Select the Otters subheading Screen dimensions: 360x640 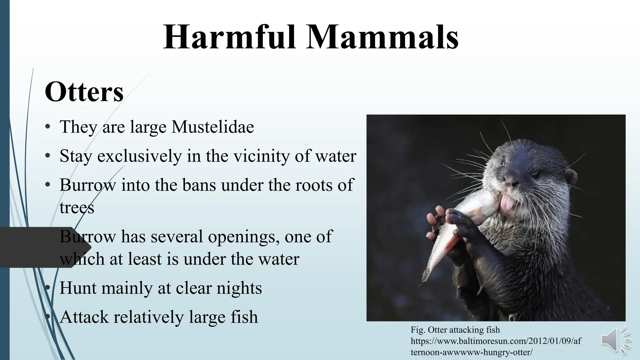coord(84,92)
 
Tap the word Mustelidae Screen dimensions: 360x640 coord(212,127)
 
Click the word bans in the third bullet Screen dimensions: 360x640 coord(199,185)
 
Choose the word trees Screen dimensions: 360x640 coord(77,207)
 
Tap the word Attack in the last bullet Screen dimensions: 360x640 coord(84,317)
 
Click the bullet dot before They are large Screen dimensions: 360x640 coord(47,127)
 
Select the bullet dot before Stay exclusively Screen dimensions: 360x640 coord(47,156)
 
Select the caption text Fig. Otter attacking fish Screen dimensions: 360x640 coord(455,330)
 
